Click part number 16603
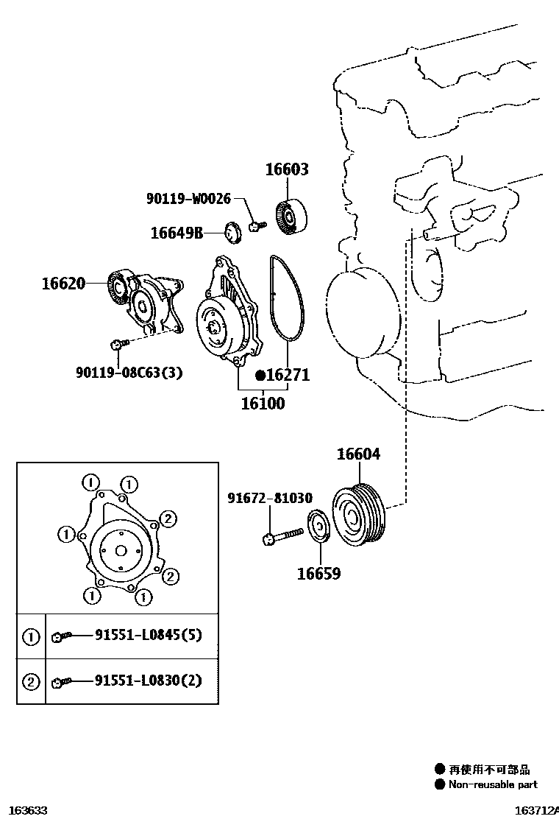coord(287,170)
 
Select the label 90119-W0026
coord(188,198)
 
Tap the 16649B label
coord(177,233)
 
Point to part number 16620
coord(63,283)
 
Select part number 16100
coord(263,404)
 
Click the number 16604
coord(358,454)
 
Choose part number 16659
coord(318,573)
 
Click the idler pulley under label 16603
coord(294,217)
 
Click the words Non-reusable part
coord(493,785)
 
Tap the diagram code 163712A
coord(535,810)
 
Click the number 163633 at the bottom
coord(25,810)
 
